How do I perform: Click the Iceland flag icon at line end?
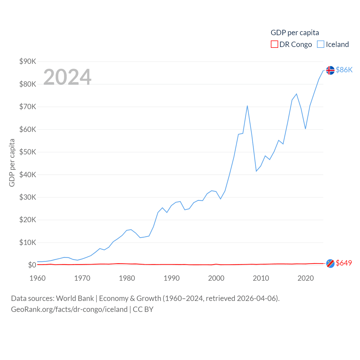[330, 70]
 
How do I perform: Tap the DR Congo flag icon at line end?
[330, 264]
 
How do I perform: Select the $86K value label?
[344, 70]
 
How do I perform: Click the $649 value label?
[344, 263]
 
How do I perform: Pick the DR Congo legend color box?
[274, 44]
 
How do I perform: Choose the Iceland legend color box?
[320, 44]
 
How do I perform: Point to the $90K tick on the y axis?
[28, 61]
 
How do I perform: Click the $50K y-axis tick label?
[28, 152]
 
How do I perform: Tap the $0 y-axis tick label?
[32, 265]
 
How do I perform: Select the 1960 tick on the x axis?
[37, 278]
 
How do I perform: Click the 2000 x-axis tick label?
[216, 278]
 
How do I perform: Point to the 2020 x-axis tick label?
[305, 278]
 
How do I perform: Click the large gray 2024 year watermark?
[67, 77]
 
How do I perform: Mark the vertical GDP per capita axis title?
[12, 163]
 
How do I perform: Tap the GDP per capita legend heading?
[295, 33]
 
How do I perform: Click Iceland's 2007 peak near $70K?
[247, 106]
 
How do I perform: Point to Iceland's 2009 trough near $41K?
[256, 171]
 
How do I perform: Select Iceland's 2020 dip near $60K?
[305, 129]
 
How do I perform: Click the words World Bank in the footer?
[75, 298]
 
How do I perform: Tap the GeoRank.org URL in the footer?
[69, 309]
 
